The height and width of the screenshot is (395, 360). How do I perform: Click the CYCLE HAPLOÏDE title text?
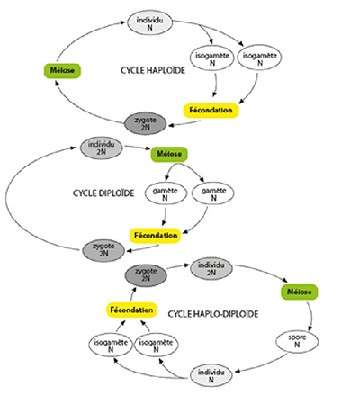point(153,70)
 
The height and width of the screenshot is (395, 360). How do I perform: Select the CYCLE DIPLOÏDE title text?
point(103,193)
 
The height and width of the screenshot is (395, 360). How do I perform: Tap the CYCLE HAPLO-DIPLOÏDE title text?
point(213,314)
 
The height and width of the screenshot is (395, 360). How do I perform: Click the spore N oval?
point(297,341)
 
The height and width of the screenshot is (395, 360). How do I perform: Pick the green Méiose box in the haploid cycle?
point(62,71)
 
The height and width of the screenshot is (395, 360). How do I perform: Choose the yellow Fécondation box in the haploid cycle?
point(211,111)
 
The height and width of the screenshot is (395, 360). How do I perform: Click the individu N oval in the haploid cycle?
point(149,23)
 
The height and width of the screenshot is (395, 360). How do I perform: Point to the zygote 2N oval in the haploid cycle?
point(145,123)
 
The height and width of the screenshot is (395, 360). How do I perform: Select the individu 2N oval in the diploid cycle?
point(102,148)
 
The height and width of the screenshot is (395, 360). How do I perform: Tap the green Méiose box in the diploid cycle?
point(169,154)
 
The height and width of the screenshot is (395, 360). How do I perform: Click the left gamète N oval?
point(166,194)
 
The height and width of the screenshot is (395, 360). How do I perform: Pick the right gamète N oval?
point(213,193)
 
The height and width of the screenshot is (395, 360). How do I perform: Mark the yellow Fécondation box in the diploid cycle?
point(156,236)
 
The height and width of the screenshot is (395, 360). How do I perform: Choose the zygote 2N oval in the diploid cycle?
point(103,250)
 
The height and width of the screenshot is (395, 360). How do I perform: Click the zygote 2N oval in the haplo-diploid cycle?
point(146,275)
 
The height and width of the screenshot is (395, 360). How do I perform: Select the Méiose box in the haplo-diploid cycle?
point(300,292)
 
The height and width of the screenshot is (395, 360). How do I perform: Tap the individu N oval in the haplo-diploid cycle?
point(211,376)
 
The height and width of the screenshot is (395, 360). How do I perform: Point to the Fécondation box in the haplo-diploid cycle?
point(131,310)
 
